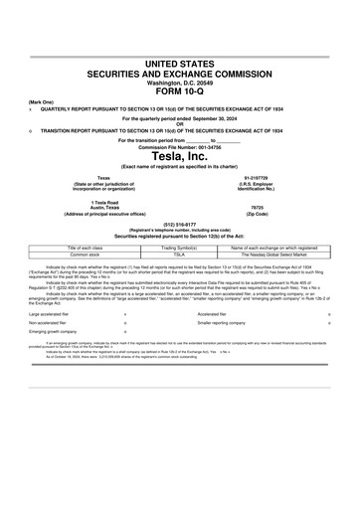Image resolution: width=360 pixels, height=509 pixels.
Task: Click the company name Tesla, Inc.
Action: coord(180,156)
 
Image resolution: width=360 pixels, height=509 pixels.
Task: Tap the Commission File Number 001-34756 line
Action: coord(180,146)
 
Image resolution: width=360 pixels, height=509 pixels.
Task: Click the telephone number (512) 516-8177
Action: coord(180,224)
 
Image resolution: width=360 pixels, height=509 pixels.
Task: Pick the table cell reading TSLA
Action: coord(180,254)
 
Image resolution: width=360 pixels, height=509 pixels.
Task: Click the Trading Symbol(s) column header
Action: coord(180,247)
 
